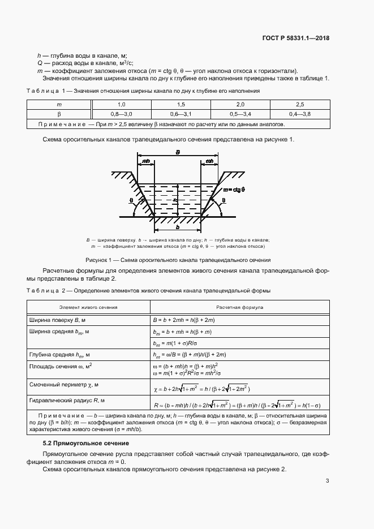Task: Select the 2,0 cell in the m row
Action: pos(240,105)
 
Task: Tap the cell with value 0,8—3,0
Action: pos(121,114)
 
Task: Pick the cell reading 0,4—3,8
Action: pos(299,114)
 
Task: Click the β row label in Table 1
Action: pos(59,114)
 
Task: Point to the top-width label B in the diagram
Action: pos(178,153)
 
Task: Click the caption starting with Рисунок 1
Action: pos(178,260)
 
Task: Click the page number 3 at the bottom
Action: pos(327,481)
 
